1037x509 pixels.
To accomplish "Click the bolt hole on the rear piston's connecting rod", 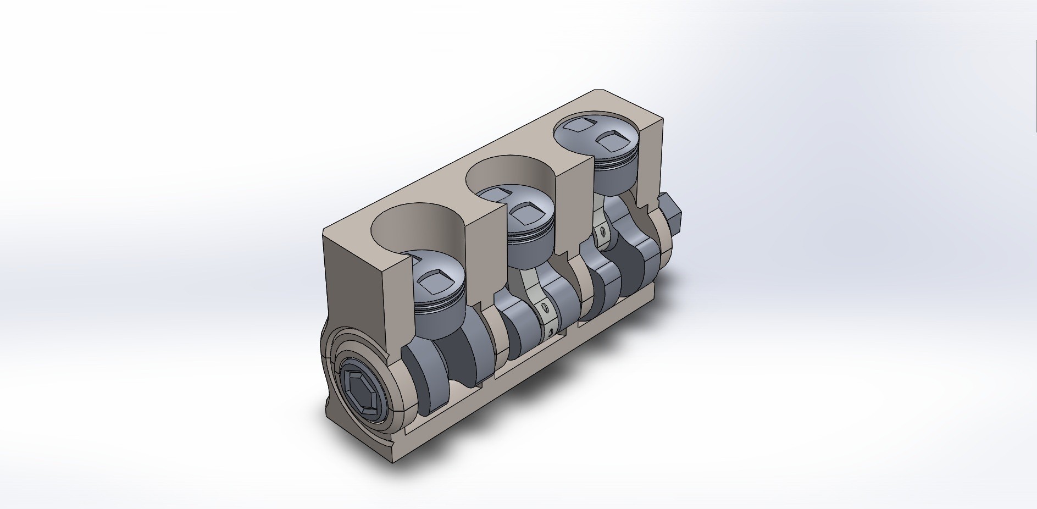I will pyautogui.click(x=603, y=233).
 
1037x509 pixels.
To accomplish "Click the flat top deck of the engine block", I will pyautogui.click(x=440, y=181).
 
